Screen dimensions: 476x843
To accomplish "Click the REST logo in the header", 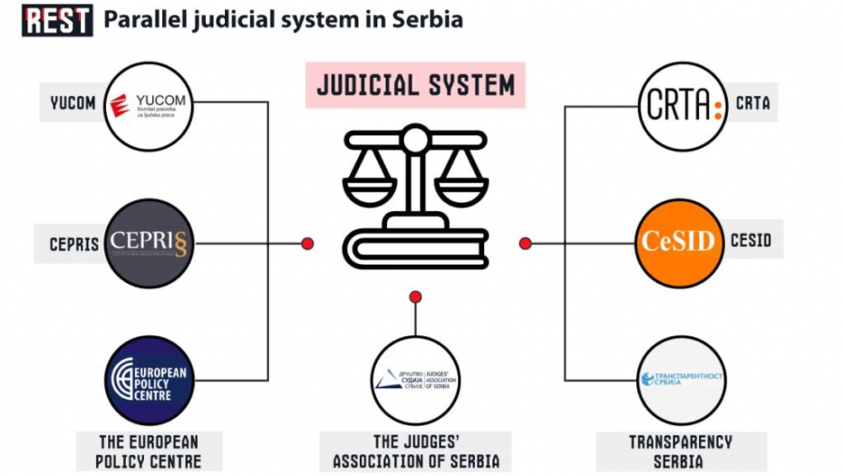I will click(x=58, y=19).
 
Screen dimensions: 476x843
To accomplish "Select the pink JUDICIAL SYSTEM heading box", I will click(x=416, y=86).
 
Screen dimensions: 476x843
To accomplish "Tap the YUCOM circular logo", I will click(x=150, y=106).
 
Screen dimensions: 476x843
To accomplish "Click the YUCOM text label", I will click(x=73, y=102).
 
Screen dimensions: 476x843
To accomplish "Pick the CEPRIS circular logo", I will click(x=150, y=243).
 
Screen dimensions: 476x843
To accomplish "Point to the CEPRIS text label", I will click(x=75, y=244).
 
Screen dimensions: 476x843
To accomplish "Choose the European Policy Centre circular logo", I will click(x=150, y=381).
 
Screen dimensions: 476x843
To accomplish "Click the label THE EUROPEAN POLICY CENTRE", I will click(x=149, y=451).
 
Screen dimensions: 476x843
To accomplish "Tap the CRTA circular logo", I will click(x=683, y=106).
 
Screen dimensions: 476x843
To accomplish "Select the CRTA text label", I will click(x=752, y=103).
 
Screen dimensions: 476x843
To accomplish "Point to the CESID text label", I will click(x=751, y=240).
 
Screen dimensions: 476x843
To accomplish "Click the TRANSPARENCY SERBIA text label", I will click(x=681, y=451).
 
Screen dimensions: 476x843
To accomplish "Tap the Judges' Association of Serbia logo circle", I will click(x=416, y=379).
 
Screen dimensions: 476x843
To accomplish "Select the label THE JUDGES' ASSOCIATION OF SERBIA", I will click(x=416, y=451).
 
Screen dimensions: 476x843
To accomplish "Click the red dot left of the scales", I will click(x=307, y=243).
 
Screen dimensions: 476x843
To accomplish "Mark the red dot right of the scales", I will click(x=525, y=243).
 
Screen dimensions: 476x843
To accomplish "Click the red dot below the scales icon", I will click(x=416, y=296).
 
